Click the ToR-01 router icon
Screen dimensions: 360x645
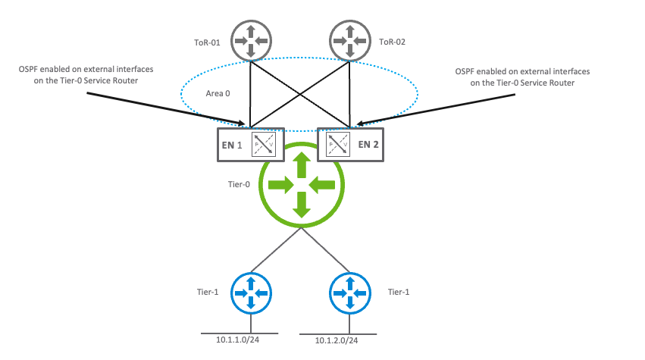(250, 41)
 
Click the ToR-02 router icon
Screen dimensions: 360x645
(350, 41)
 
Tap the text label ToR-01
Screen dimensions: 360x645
(206, 43)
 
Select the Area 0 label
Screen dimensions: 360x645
(218, 93)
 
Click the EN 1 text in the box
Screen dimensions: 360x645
(234, 144)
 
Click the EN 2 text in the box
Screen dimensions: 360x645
(369, 144)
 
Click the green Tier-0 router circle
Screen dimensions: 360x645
(302, 184)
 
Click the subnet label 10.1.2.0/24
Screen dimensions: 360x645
(337, 340)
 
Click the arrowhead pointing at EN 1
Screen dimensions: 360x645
(244, 123)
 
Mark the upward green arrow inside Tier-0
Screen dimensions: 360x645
(302, 164)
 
